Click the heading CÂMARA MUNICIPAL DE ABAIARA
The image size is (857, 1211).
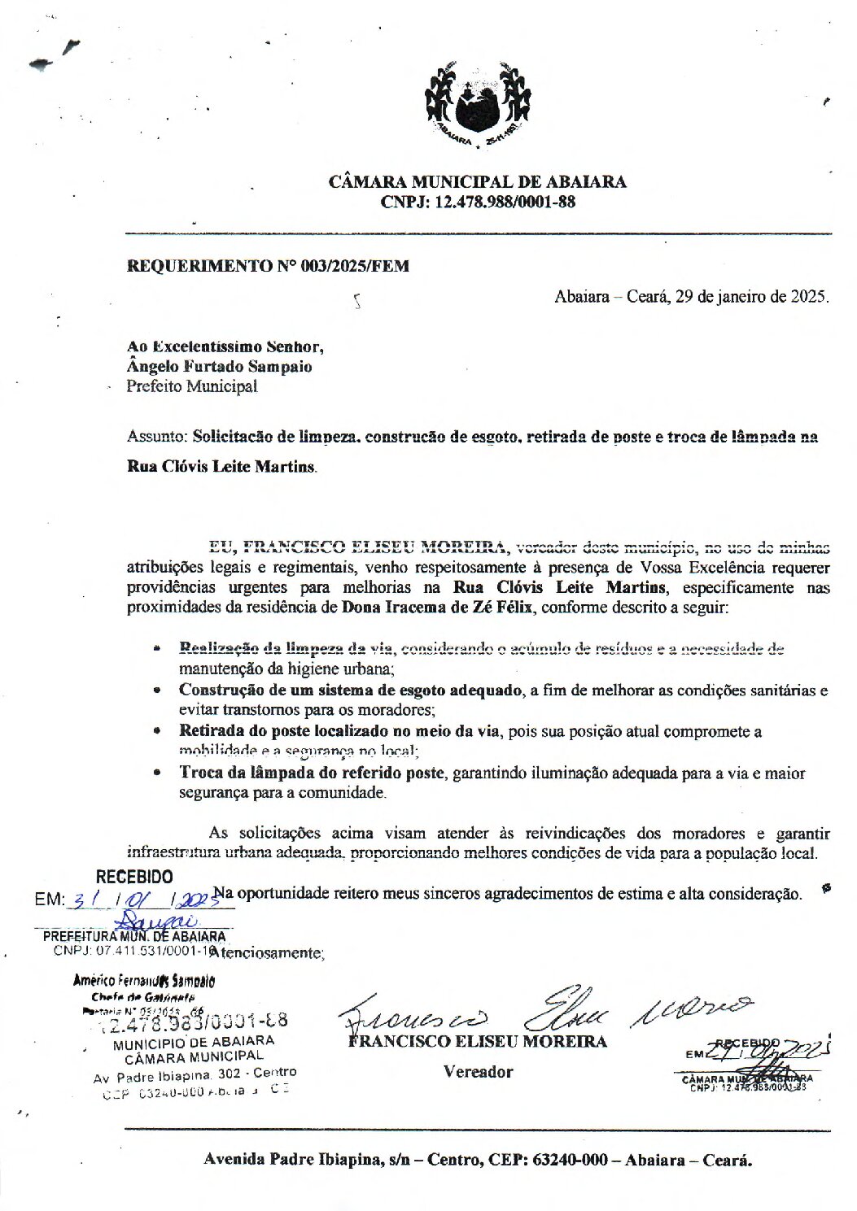click(x=478, y=182)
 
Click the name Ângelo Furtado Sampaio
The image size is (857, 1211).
click(x=219, y=367)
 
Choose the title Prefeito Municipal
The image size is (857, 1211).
click(x=191, y=386)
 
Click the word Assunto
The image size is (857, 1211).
click(x=156, y=437)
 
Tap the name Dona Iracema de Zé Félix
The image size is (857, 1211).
click(x=438, y=607)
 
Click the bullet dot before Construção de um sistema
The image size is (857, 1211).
click(x=158, y=690)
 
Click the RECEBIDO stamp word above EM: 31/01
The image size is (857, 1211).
click(x=134, y=877)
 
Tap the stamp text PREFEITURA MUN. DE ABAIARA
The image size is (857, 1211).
click(x=134, y=937)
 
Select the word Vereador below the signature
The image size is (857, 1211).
click(x=479, y=1072)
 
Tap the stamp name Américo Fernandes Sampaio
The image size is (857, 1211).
click(x=144, y=982)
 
